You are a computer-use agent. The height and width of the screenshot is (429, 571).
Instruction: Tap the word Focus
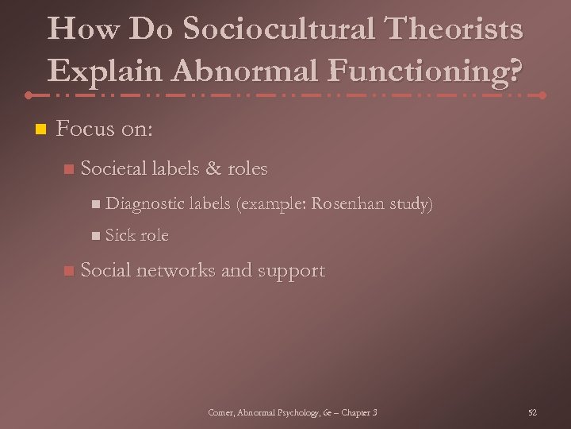click(85, 128)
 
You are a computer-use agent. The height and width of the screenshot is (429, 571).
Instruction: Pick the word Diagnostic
click(144, 204)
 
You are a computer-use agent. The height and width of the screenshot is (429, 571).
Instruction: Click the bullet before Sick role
click(95, 236)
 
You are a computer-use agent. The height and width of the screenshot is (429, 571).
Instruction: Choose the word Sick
click(121, 236)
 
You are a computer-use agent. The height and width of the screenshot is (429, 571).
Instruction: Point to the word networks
click(176, 271)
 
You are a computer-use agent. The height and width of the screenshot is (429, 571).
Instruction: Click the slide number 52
click(532, 412)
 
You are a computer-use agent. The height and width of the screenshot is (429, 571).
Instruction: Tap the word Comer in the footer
click(220, 412)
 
